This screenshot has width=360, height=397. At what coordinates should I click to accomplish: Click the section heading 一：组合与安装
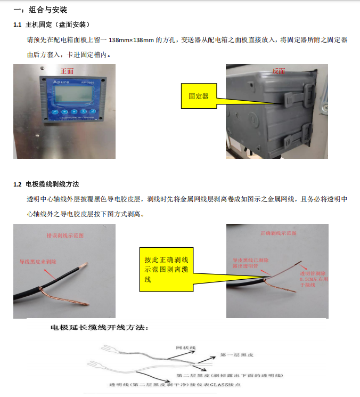pos(40,10)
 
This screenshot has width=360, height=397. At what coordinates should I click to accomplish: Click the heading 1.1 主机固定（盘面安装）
pos(54,25)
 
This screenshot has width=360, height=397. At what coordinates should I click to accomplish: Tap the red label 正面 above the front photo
pos(67,71)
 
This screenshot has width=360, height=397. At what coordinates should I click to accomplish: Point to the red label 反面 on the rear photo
pos(279,71)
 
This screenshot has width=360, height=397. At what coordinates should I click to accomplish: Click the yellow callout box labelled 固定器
pos(198,96)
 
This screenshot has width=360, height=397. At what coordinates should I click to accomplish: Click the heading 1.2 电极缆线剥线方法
pos(46,184)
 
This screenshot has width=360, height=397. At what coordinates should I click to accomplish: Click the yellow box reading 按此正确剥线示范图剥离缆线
pos(166,269)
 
